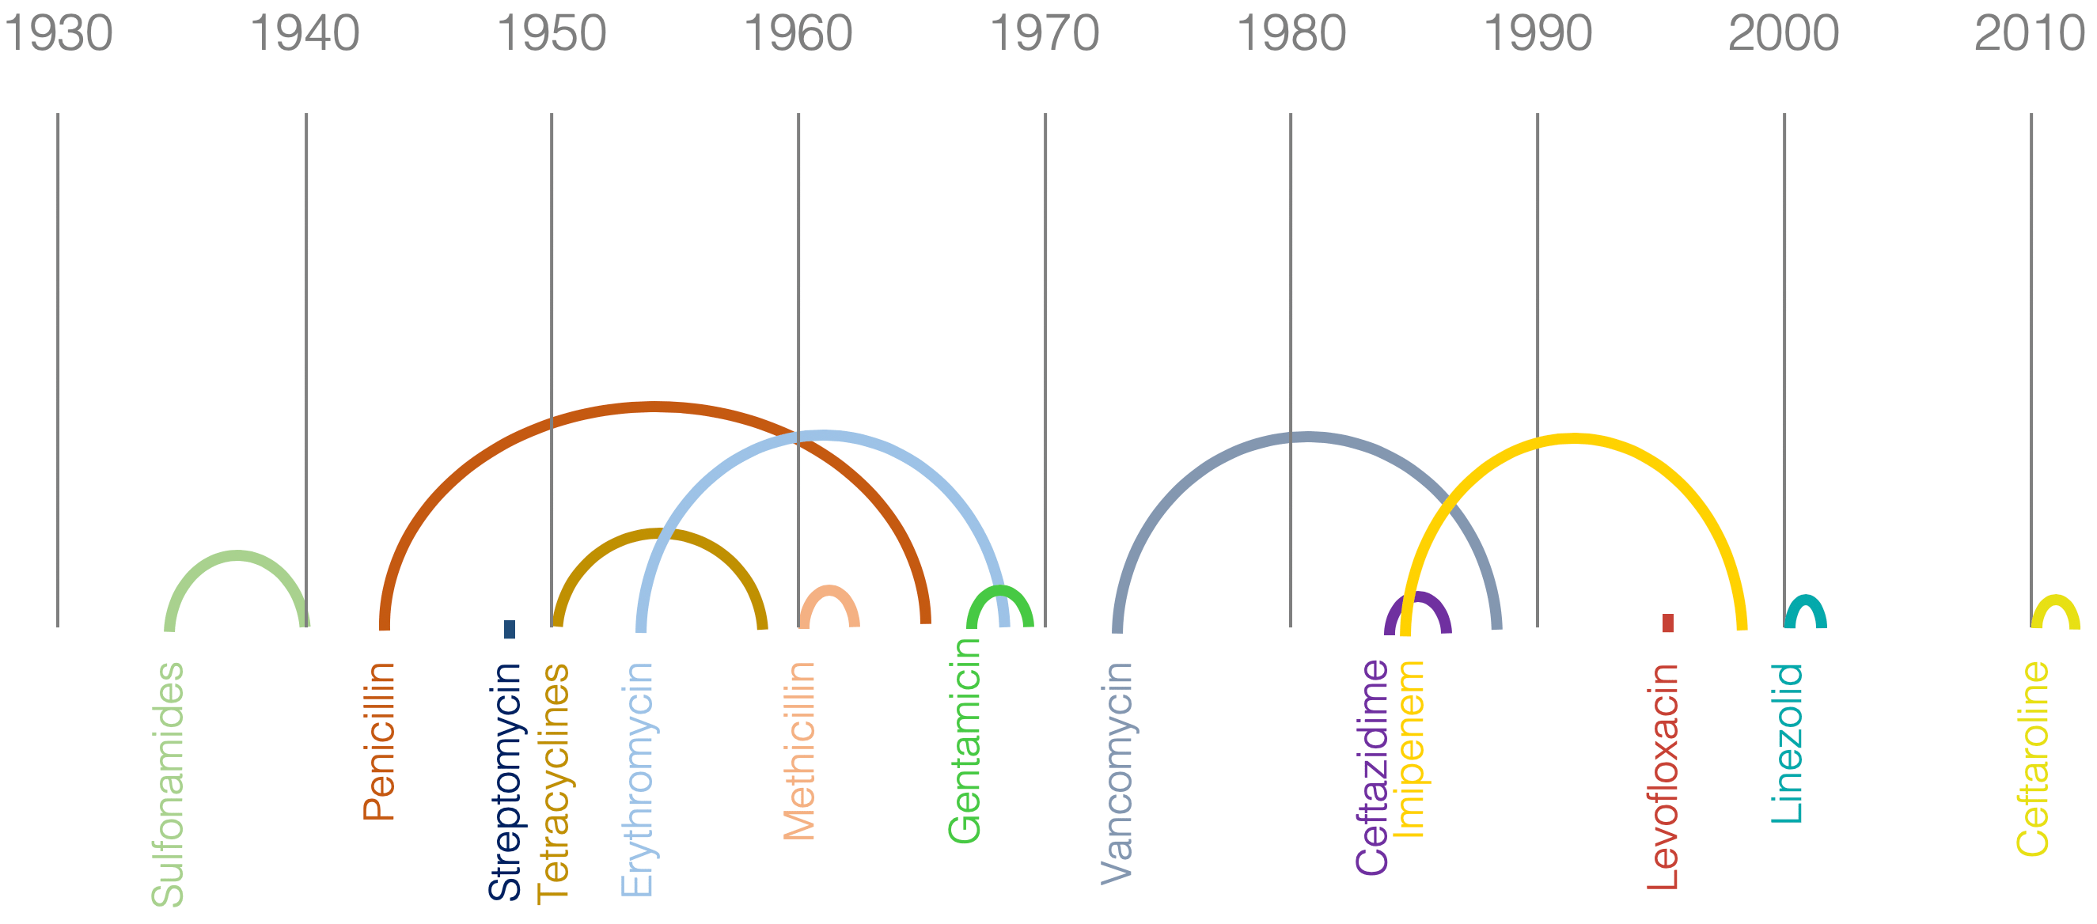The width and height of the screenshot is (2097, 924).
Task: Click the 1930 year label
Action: pyautogui.click(x=59, y=34)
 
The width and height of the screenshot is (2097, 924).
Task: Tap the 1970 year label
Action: pyautogui.click(x=1045, y=34)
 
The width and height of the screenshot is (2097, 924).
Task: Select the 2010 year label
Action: pyautogui.click(x=2030, y=34)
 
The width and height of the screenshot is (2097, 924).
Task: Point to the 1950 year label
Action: pyautogui.click(x=551, y=34)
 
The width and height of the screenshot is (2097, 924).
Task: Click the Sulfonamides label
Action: pyautogui.click(x=168, y=785)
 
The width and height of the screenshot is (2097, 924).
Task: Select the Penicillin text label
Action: pyautogui.click(x=378, y=741)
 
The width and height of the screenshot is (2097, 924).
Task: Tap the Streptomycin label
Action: pyautogui.click(x=505, y=782)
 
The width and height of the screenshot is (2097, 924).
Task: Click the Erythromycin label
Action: pyautogui.click(x=636, y=780)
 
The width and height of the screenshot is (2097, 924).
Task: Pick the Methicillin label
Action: pyautogui.click(x=798, y=752)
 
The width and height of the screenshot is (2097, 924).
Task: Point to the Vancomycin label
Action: pyautogui.click(x=1116, y=774)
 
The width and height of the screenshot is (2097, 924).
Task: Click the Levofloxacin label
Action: pyautogui.click(x=1663, y=778)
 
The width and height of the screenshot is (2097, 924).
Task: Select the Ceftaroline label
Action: pyautogui.click(x=2032, y=759)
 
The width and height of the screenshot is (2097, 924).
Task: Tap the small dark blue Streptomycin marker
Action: pyautogui.click(x=510, y=629)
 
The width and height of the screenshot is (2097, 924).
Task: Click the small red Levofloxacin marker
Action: pyautogui.click(x=1668, y=623)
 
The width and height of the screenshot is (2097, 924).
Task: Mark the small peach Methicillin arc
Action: pyautogui.click(x=829, y=589)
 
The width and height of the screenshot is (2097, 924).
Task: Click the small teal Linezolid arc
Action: pyautogui.click(x=1806, y=600)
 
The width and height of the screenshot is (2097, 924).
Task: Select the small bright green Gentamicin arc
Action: pyautogui.click(x=1000, y=589)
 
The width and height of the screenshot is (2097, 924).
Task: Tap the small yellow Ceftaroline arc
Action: pyautogui.click(x=2056, y=600)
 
